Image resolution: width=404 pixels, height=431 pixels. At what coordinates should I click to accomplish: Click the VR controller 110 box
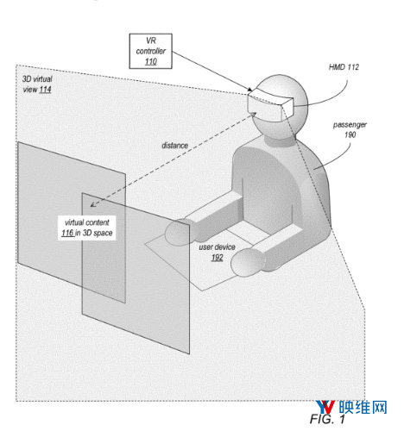tap(150, 51)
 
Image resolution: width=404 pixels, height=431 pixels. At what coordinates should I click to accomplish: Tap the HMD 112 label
tap(344, 67)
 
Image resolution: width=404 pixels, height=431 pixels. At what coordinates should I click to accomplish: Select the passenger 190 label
tap(350, 129)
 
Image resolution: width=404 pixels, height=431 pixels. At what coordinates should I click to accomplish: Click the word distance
tap(174, 146)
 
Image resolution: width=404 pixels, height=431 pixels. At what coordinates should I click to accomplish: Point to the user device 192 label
tap(217, 252)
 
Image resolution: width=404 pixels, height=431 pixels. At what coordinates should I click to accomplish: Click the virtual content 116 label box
tap(87, 228)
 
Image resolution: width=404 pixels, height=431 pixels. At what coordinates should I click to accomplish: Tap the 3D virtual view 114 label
tap(37, 84)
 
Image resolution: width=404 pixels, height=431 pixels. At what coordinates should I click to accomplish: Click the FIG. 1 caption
tap(327, 419)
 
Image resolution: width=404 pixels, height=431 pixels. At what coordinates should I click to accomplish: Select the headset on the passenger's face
tap(270, 104)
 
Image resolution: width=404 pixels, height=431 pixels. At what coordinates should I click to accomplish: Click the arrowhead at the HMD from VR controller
tap(249, 90)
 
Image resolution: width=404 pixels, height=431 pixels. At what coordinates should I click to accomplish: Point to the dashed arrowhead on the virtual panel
tap(93, 204)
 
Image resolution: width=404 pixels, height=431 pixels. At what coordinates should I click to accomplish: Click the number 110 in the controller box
tap(151, 61)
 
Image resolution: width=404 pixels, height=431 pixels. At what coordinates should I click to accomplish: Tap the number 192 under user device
tap(217, 258)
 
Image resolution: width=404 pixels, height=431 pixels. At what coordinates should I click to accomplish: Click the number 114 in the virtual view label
tap(45, 90)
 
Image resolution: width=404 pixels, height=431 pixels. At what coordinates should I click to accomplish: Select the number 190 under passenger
tap(350, 134)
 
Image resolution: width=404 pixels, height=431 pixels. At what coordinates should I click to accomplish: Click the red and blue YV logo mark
tap(325, 408)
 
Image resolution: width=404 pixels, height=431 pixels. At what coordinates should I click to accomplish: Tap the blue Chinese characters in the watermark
tap(363, 408)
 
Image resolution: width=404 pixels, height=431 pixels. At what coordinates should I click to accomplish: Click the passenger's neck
tap(280, 140)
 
